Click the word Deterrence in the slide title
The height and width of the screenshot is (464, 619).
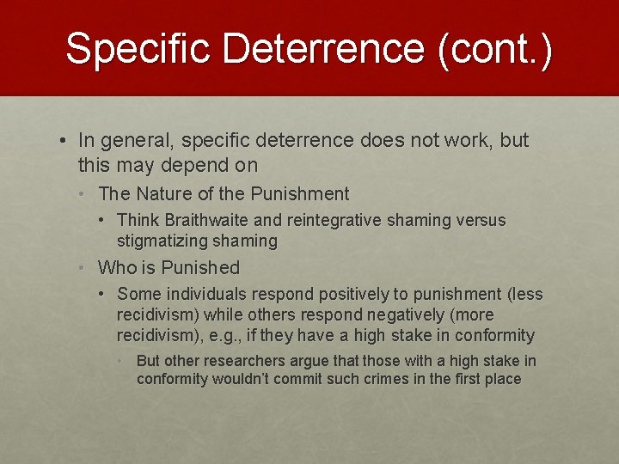pos(322,48)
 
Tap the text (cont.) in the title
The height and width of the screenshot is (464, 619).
pos(494,48)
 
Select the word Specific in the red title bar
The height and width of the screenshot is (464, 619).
pos(138,48)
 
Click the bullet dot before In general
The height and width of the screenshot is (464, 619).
pos(64,140)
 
